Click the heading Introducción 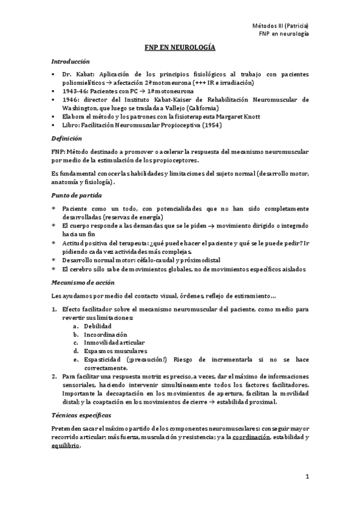click(x=70, y=61)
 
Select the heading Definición click(x=66, y=138)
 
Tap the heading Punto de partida click(x=76, y=196)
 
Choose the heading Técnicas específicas click(x=81, y=416)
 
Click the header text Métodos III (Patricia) click(x=280, y=26)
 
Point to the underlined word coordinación click(x=252, y=437)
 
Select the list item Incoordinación click(x=105, y=334)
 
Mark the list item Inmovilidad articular click(x=115, y=342)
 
